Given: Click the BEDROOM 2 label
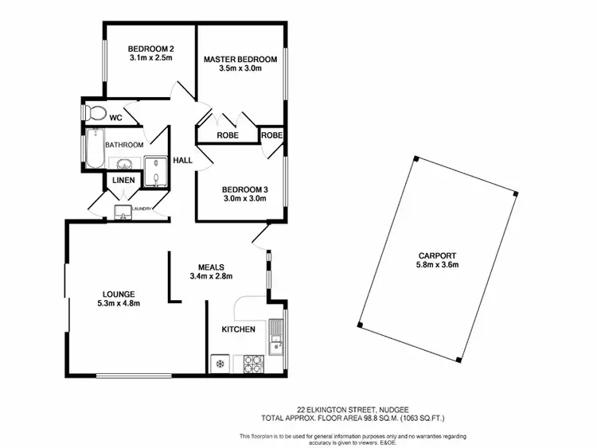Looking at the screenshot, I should tap(151, 49).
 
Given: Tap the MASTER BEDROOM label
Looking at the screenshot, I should tap(240, 60).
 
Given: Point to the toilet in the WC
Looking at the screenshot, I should tap(95, 111).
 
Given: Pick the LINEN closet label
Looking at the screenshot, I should tap(123, 180).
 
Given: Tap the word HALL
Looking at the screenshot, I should tap(182, 161).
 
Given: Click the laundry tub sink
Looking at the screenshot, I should tap(123, 211).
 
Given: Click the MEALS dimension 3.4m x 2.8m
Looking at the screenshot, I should tap(211, 277).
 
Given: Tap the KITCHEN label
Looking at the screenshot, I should tap(238, 329).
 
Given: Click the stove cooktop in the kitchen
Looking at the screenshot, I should tap(253, 364).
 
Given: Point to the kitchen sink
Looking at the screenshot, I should tap(275, 345).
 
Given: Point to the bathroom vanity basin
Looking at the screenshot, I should tap(125, 165).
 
